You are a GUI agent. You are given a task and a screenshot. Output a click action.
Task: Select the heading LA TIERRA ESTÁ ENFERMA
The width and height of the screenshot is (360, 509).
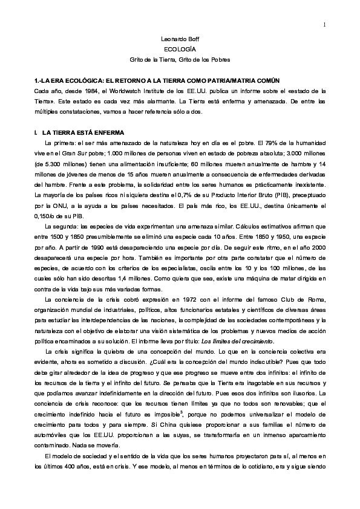click(x=83, y=132)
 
